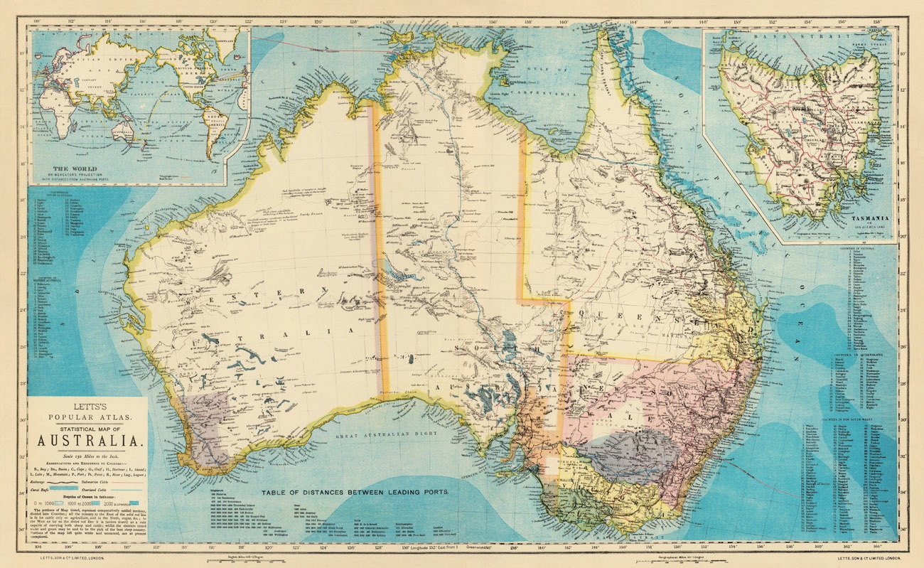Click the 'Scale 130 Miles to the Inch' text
tap(87, 455)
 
